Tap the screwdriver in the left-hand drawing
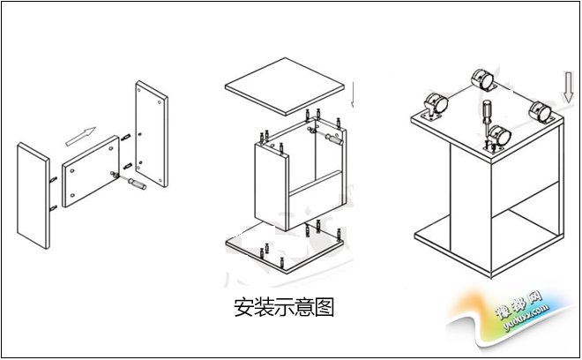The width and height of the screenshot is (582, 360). click(x=134, y=185)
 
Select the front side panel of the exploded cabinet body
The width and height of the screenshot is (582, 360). click(x=270, y=185)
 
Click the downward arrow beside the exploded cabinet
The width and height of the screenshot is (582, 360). click(x=354, y=93)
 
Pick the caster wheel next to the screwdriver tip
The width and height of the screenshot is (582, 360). click(x=499, y=139)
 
